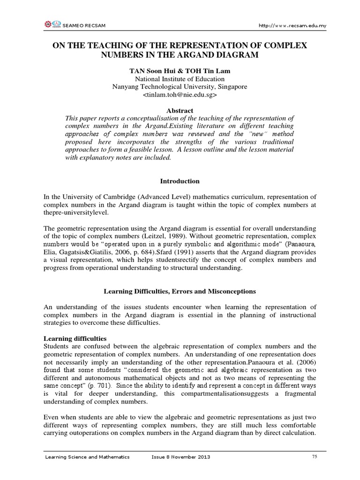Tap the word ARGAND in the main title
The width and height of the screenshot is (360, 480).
pyautogui.click(x=197, y=55)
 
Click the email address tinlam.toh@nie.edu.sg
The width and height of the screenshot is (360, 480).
pyautogui.click(x=180, y=94)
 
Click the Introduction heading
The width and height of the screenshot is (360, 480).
pyautogui.click(x=180, y=181)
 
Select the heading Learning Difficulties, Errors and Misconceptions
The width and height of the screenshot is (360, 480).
pyautogui.click(x=180, y=291)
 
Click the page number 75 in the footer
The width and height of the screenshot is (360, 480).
pyautogui.click(x=315, y=457)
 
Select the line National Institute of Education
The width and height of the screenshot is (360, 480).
pyautogui.click(x=180, y=79)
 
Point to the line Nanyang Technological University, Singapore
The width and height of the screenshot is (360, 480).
pyautogui.click(x=180, y=86)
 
